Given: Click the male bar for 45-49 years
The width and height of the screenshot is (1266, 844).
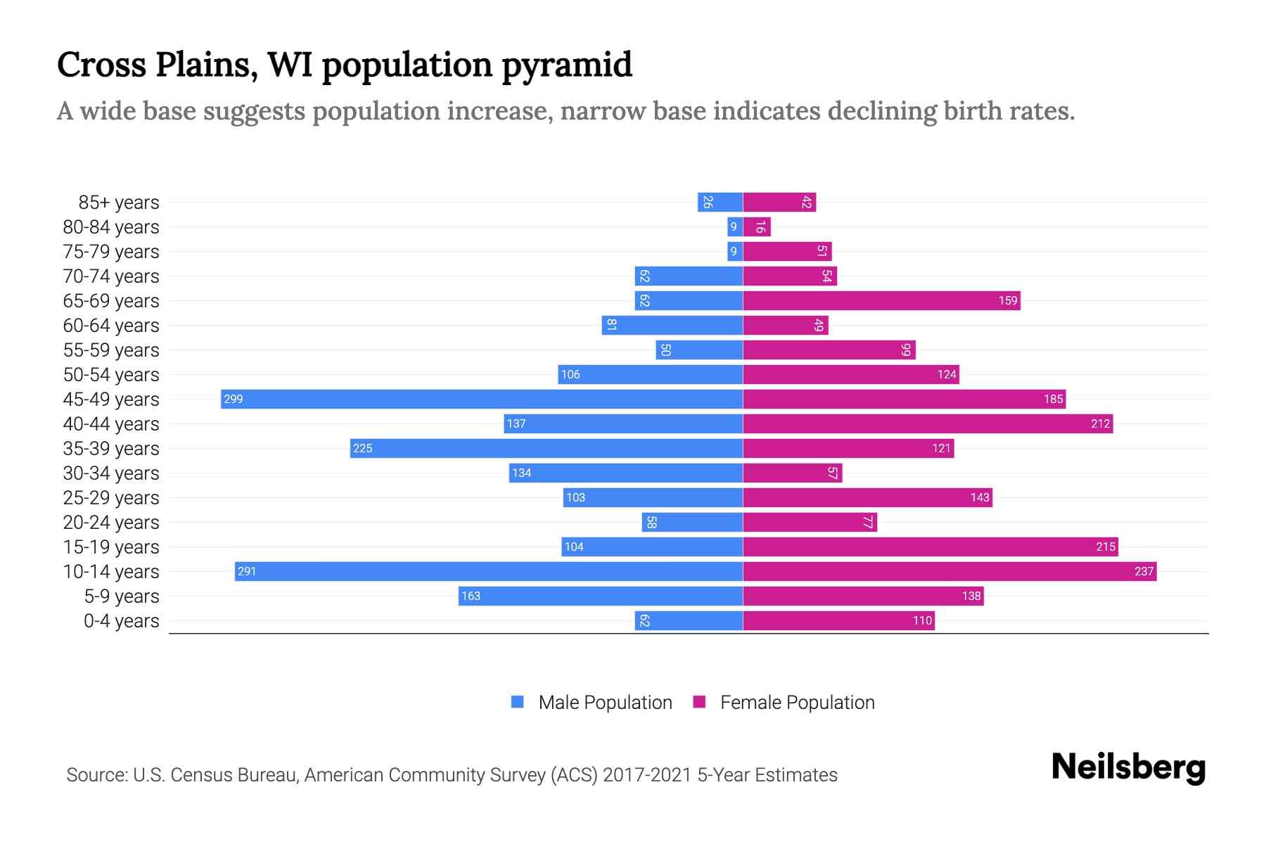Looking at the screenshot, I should pyautogui.click(x=482, y=399).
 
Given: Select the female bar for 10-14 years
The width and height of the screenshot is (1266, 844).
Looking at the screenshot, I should pyautogui.click(x=949, y=571).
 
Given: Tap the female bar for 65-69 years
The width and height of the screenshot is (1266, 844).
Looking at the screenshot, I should pyautogui.click(x=881, y=300).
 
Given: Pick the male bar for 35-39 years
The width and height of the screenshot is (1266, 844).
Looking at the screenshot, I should pyautogui.click(x=546, y=448).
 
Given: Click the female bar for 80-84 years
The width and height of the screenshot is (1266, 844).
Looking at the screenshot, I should pyautogui.click(x=757, y=226).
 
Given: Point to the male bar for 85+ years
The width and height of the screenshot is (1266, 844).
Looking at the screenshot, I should pyautogui.click(x=720, y=202).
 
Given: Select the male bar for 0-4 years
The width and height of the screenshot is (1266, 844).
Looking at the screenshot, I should pyautogui.click(x=689, y=620).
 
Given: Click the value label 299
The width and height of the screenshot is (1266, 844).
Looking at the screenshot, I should pyautogui.click(x=233, y=399).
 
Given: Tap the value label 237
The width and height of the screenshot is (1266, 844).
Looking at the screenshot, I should pyautogui.click(x=1144, y=571).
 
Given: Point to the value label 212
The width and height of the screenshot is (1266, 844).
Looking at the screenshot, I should pyautogui.click(x=1100, y=423).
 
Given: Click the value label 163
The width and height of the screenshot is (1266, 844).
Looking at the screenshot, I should pyautogui.click(x=471, y=596).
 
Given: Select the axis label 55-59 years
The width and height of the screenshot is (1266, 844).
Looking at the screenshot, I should pyautogui.click(x=111, y=350).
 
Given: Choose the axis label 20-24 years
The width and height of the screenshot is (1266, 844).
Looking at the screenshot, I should pyautogui.click(x=111, y=523).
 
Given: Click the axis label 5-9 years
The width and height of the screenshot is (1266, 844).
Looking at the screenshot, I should pyautogui.click(x=122, y=596).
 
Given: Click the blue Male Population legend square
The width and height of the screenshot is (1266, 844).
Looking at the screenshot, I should pyautogui.click(x=518, y=702).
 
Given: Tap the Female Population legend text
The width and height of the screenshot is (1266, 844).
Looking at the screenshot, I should pyautogui.click(x=797, y=703).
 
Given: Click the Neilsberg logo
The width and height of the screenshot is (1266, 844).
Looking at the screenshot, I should pyautogui.click(x=1128, y=767).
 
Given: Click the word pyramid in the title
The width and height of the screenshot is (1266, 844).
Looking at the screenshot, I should pyautogui.click(x=567, y=65).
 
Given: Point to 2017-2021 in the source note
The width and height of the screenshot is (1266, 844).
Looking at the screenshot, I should pyautogui.click(x=647, y=775).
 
